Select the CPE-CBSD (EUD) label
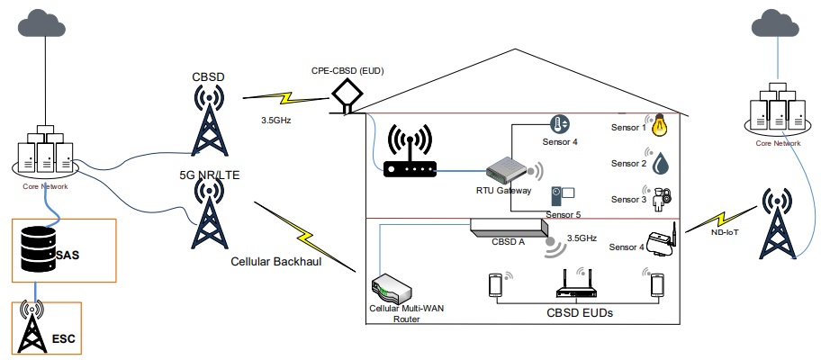pos(345,69)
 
